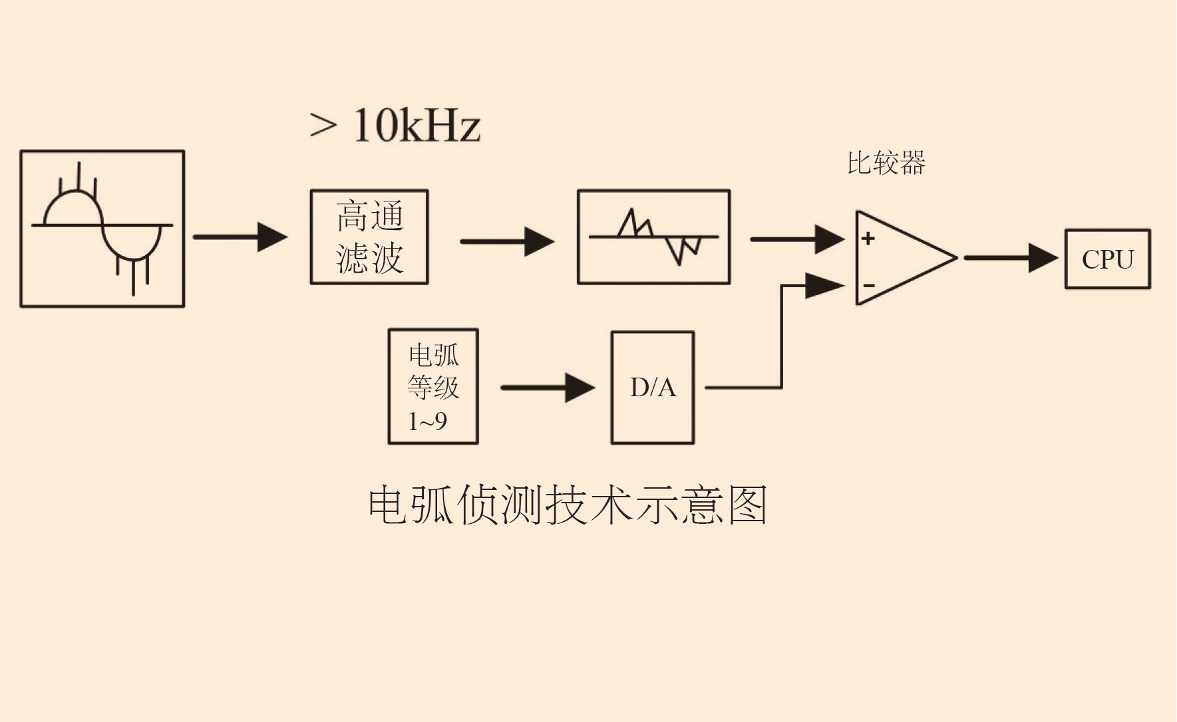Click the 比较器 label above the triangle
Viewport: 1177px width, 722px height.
point(886,163)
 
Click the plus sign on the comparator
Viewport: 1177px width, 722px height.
point(868,238)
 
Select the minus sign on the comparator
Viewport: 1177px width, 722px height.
point(869,286)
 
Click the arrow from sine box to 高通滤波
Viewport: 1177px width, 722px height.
point(240,237)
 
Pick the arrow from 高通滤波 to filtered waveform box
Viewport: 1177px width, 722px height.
point(507,241)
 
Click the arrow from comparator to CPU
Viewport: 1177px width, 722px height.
point(1011,258)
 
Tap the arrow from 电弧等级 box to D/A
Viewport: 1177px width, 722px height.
point(548,388)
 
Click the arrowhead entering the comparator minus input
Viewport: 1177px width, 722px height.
point(825,286)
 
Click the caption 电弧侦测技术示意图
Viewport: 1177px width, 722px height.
point(568,505)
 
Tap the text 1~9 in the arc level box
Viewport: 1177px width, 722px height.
point(427,421)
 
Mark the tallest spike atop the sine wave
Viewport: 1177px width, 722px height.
point(79,176)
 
